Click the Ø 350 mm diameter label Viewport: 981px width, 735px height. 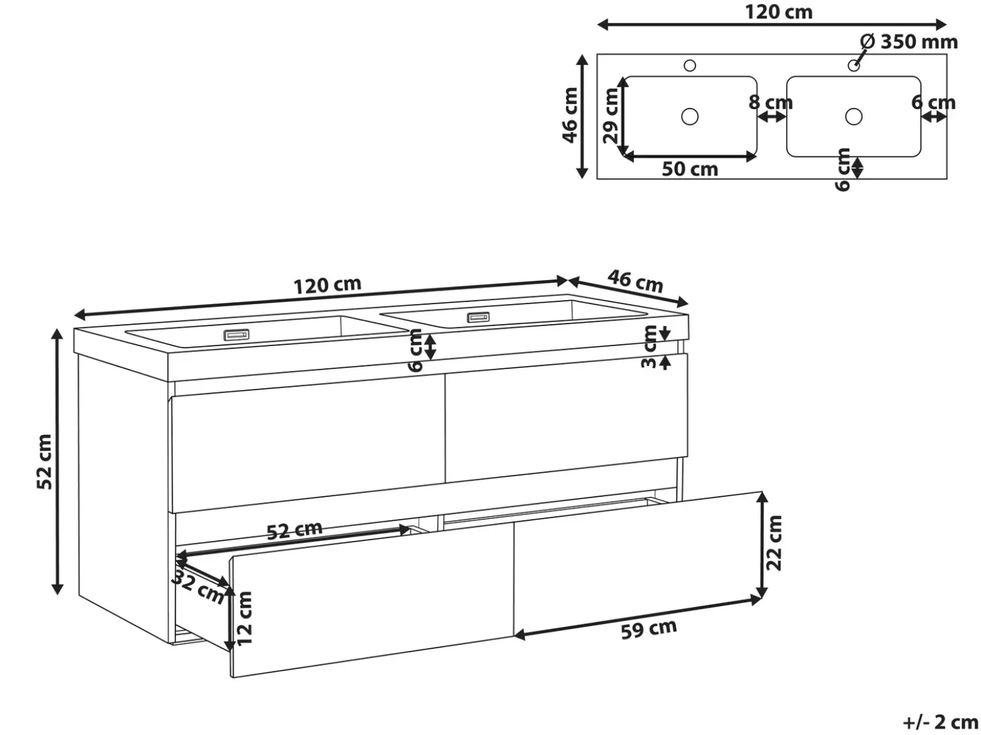(909, 42)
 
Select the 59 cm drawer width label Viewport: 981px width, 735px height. (649, 629)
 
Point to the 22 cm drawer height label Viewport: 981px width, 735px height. (774, 544)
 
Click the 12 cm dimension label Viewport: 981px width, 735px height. (244, 618)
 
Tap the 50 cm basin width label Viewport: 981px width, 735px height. (689, 169)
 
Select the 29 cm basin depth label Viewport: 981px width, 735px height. (611, 115)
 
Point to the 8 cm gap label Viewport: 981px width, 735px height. (771, 103)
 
